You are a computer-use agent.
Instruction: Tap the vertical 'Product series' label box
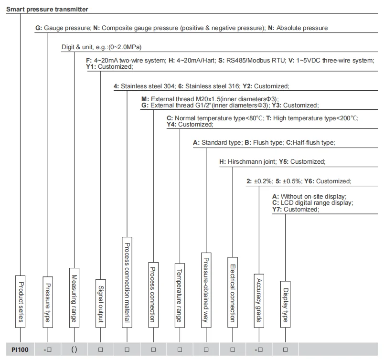click(x=20, y=301)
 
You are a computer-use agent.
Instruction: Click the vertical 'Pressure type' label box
click(x=47, y=302)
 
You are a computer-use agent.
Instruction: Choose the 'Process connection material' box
click(x=127, y=283)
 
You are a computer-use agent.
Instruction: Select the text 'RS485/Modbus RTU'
click(x=255, y=61)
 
